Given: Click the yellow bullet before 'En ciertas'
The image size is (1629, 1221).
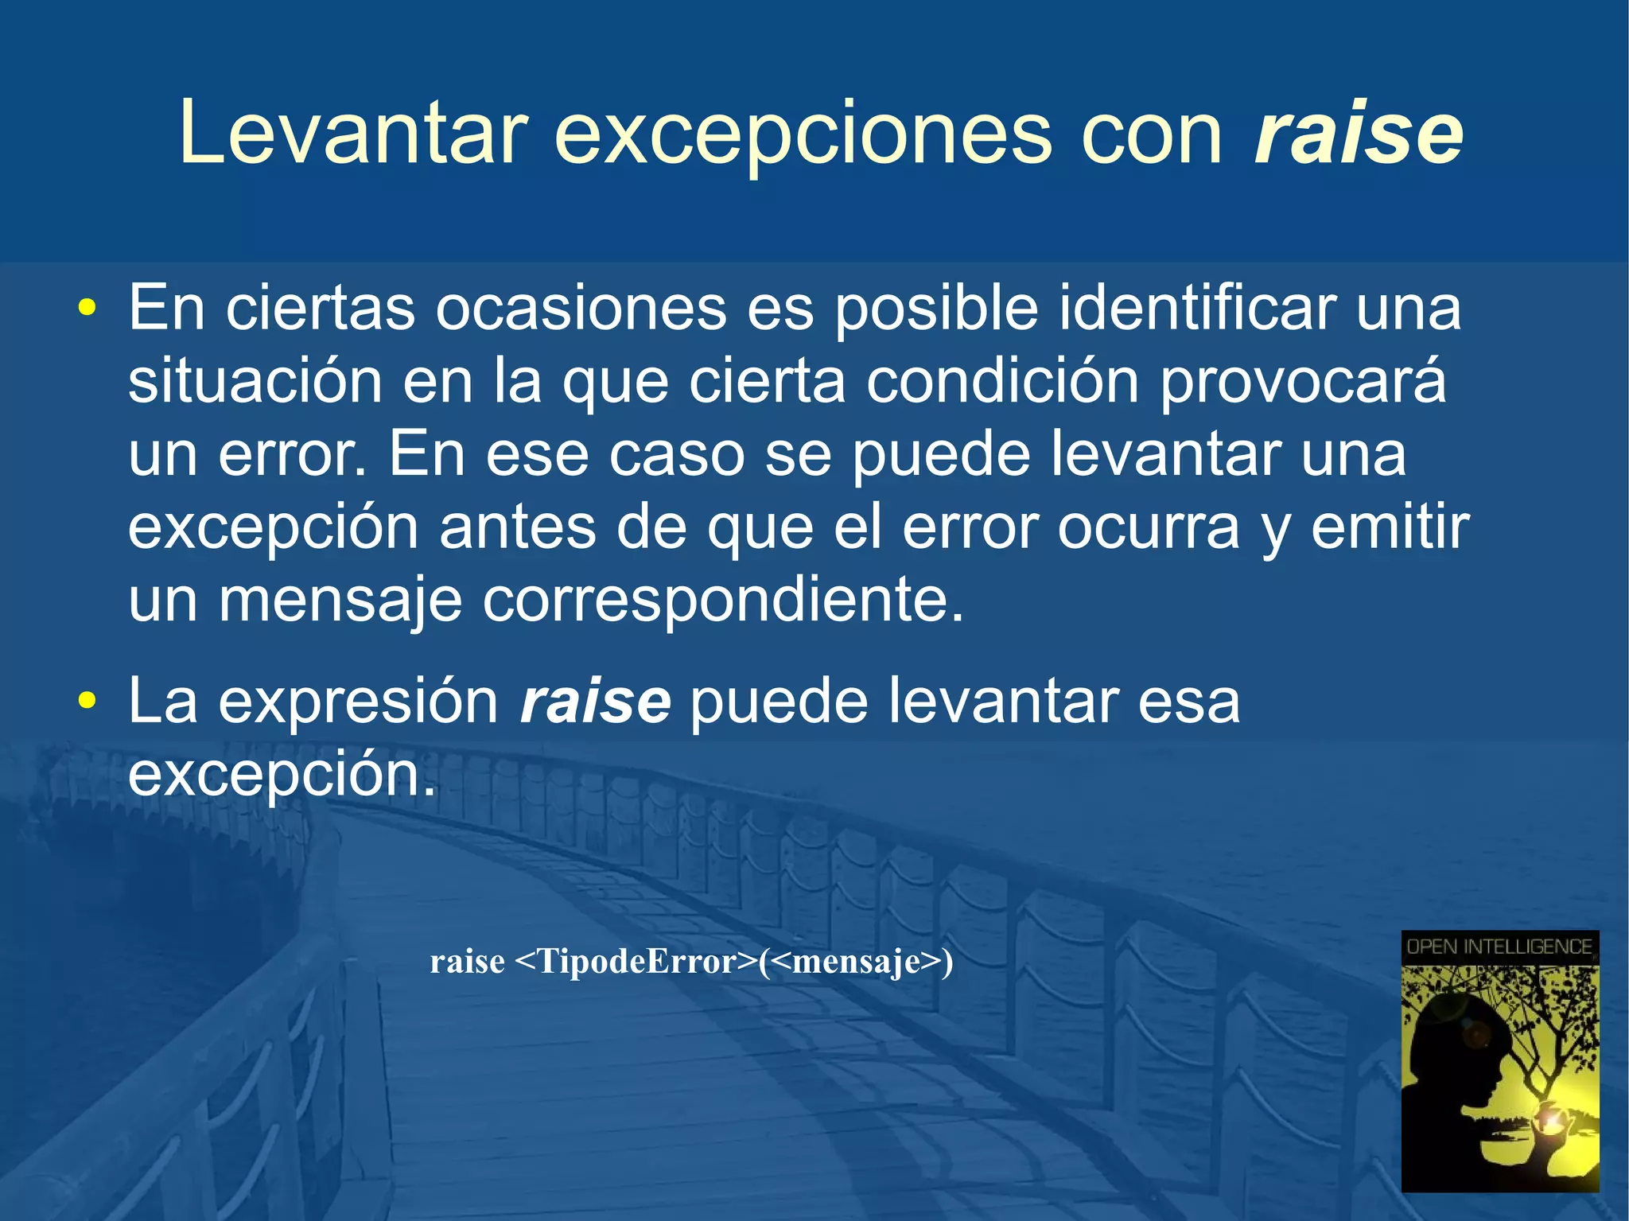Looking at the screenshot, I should (87, 308).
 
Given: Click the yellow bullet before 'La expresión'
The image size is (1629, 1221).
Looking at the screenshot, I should (87, 701).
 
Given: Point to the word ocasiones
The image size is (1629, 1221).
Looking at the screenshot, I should (581, 308).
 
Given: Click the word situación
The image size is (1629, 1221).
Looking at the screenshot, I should (255, 381).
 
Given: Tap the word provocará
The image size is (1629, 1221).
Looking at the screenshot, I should (1302, 383).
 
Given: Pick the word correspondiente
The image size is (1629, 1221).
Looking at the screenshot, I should (722, 601).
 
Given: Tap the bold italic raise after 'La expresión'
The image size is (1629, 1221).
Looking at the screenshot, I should (595, 701).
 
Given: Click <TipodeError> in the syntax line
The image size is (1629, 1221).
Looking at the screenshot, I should (636, 962).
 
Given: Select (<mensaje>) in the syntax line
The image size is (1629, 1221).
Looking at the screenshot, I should (856, 962).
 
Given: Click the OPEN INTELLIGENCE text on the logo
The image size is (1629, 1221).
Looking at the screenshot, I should (1499, 947).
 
